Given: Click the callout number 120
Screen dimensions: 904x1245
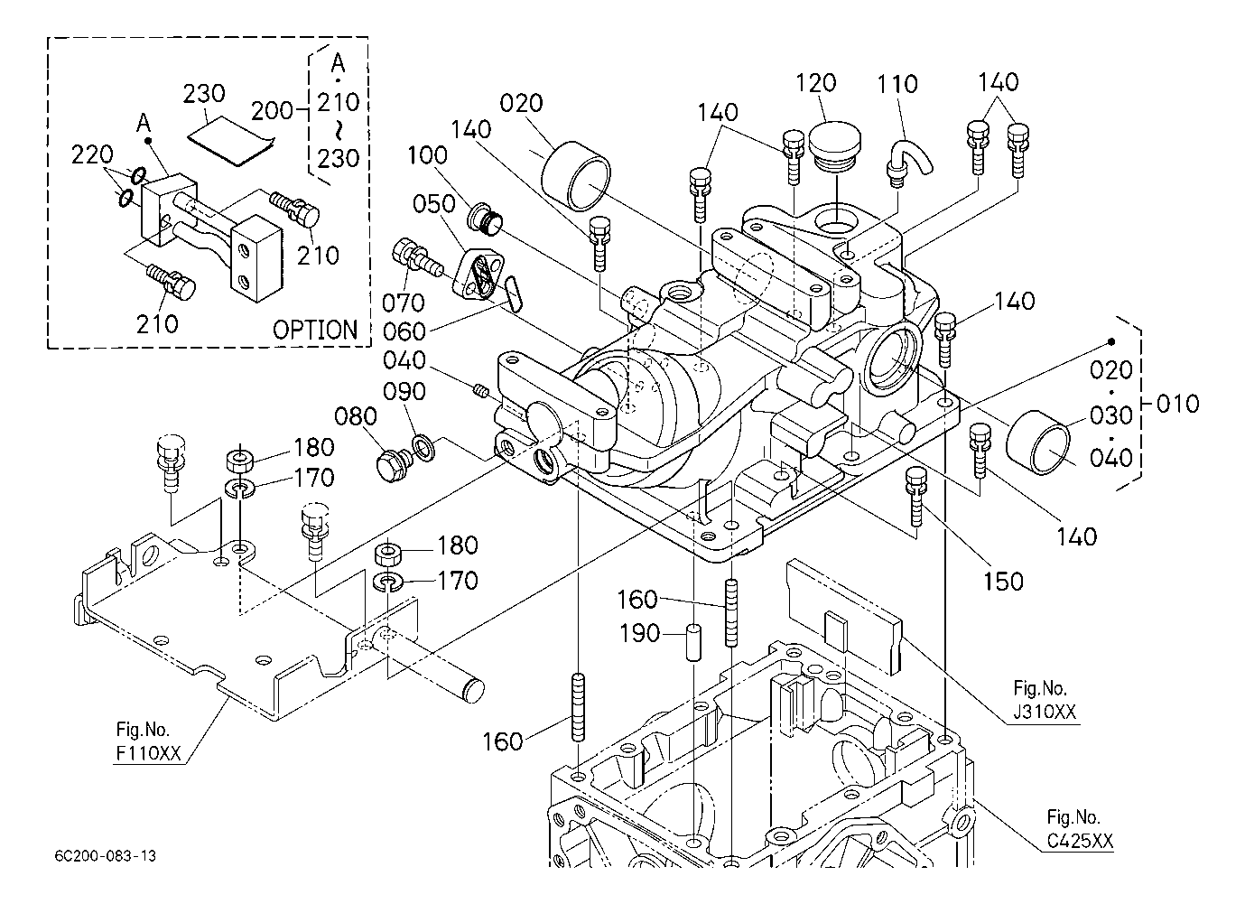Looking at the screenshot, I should [815, 83].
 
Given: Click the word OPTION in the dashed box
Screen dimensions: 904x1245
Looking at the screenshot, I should [315, 330].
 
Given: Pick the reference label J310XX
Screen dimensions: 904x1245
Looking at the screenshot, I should [1045, 713].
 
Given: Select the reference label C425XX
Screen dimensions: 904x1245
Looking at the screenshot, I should [1080, 842].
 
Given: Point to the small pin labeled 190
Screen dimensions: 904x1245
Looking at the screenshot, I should [693, 643].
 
